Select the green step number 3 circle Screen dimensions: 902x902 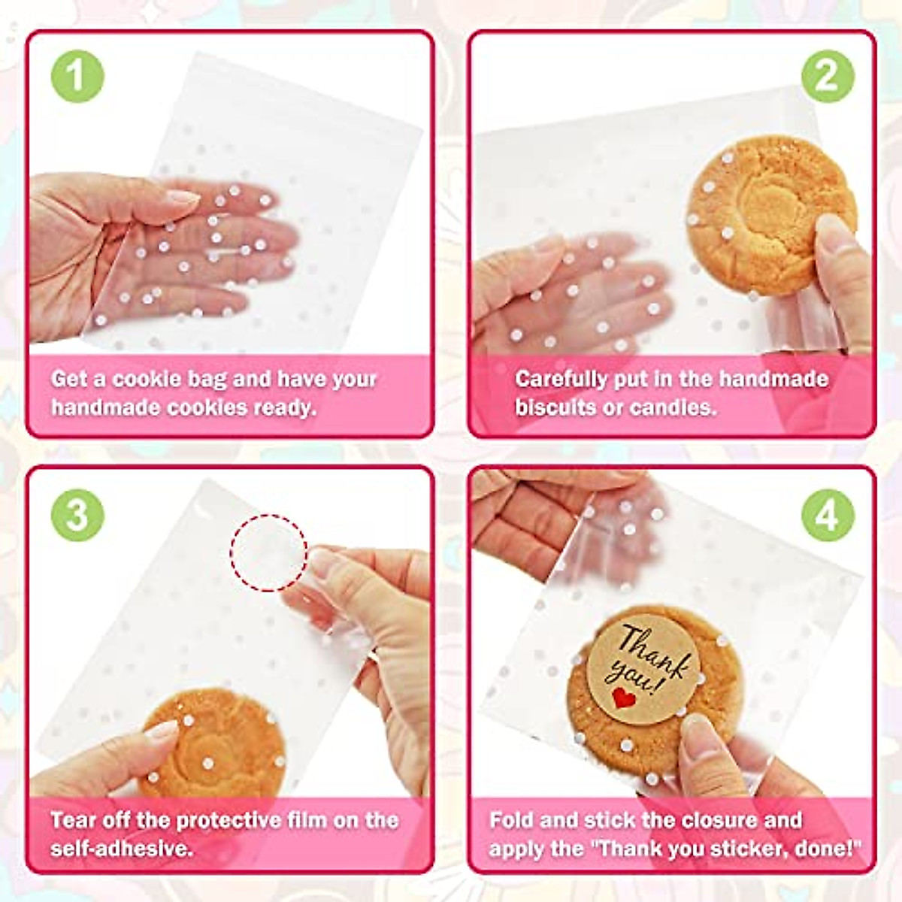(77, 516)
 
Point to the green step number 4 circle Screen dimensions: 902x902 (827, 516)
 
